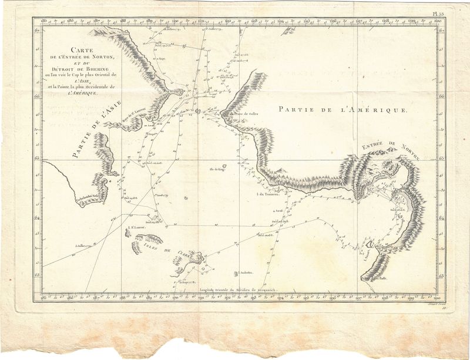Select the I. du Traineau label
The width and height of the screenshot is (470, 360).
pos(267,194)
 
